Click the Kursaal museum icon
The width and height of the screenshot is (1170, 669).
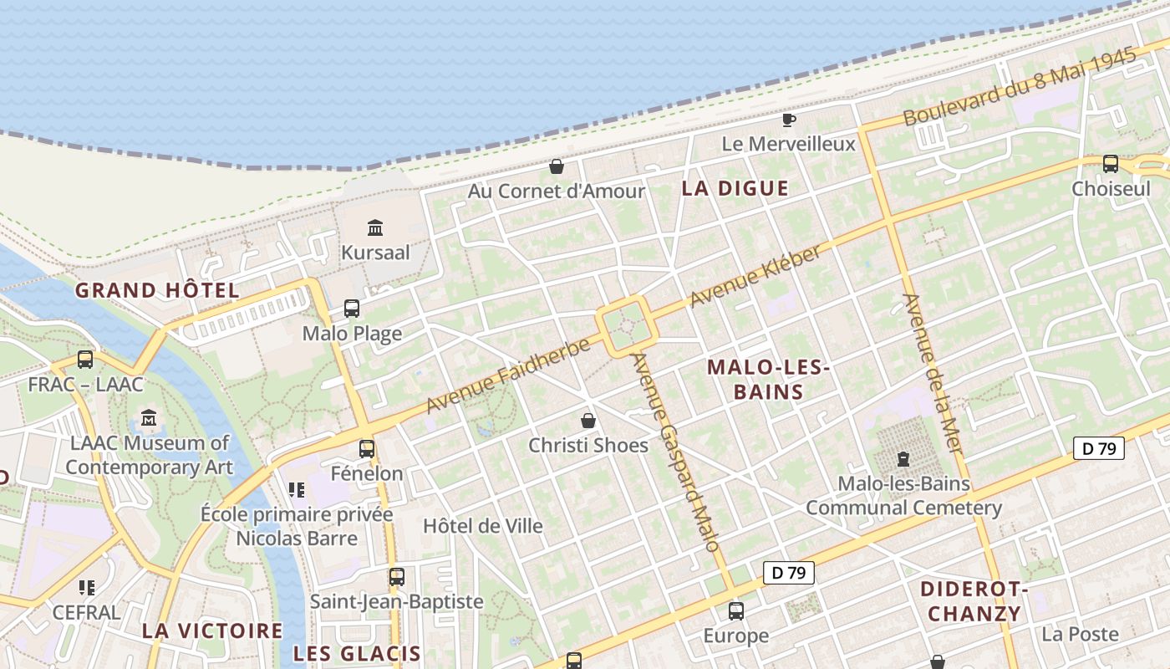click(x=375, y=227)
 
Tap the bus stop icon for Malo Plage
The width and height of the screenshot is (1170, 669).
click(x=352, y=309)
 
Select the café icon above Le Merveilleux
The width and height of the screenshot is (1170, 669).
click(x=788, y=120)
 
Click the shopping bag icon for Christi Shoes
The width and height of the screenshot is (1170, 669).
click(x=588, y=420)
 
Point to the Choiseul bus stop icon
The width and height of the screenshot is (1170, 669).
click(x=1111, y=164)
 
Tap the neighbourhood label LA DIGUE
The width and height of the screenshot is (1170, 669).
click(x=735, y=188)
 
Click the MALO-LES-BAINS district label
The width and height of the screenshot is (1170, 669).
click(x=768, y=380)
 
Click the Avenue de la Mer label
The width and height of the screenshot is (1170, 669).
click(x=933, y=374)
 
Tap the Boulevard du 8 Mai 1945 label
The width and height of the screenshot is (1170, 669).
click(x=1020, y=87)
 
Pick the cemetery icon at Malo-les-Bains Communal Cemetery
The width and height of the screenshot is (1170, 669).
click(x=903, y=459)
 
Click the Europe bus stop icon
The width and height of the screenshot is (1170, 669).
click(x=735, y=611)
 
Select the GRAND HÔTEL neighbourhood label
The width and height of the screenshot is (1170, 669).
click(x=157, y=291)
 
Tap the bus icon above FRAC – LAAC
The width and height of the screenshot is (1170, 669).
click(x=85, y=360)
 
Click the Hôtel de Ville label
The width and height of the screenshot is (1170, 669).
click(x=483, y=526)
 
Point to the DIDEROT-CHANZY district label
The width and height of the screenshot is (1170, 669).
click(x=973, y=601)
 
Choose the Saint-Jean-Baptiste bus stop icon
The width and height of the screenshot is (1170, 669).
click(x=396, y=577)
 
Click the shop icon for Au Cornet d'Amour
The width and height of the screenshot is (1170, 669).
click(x=556, y=166)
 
